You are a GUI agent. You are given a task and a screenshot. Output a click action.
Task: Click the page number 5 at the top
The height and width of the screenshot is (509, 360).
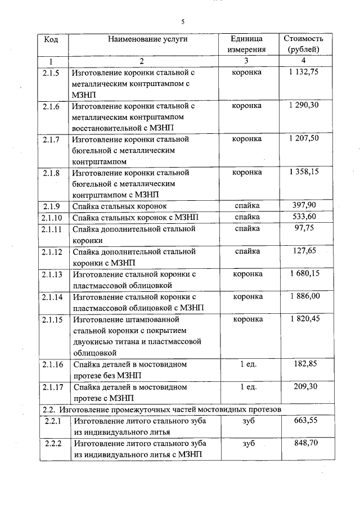click(183, 22)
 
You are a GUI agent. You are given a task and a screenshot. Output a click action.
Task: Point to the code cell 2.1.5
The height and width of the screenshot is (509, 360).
click(51, 72)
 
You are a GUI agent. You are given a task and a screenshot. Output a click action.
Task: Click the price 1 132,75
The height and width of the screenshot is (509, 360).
click(303, 72)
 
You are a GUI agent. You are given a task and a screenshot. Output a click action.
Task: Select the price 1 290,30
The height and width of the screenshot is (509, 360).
click(303, 105)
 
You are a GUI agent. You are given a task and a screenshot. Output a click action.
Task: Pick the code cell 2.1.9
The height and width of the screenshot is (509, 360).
click(51, 206)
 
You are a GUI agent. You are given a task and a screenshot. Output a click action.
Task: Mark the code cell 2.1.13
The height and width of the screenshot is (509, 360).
click(51, 274)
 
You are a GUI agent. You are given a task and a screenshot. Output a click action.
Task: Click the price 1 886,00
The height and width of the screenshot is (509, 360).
click(303, 296)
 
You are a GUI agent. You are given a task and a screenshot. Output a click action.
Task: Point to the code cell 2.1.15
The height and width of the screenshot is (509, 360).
click(51, 319)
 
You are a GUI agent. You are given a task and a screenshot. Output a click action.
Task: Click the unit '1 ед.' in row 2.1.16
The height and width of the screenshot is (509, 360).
click(247, 364)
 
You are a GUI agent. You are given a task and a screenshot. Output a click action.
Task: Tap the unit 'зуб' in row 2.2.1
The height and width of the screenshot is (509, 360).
click(247, 421)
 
